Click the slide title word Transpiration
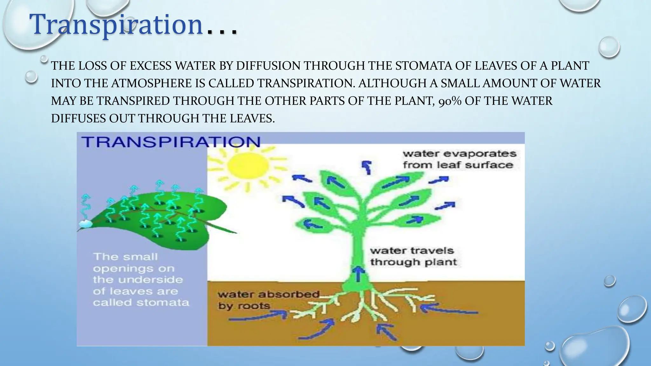[116, 25]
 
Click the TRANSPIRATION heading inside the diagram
[171, 141]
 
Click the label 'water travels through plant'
[413, 256]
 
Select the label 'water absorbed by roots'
[268, 300]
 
